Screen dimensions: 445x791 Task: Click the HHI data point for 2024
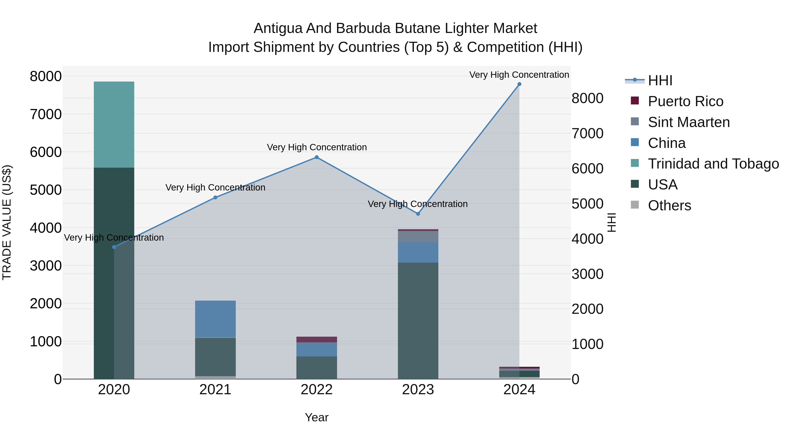coord(519,84)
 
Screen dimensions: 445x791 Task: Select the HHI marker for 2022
coord(317,157)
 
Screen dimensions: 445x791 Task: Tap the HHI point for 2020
coord(114,247)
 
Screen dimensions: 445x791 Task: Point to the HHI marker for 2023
coord(418,214)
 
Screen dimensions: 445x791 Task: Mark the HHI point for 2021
coord(215,198)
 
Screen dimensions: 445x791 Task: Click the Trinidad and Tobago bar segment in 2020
coord(114,124)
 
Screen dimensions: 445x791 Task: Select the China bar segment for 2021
coord(215,319)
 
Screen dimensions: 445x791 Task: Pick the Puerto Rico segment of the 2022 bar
coord(317,339)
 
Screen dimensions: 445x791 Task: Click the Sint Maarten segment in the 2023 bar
coord(418,236)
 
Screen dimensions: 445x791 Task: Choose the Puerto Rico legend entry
coord(685,101)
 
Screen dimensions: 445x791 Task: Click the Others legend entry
coord(669,205)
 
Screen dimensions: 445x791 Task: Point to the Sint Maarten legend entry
coord(688,122)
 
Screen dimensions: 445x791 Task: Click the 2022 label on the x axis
coord(317,390)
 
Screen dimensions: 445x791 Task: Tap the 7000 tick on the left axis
coord(45,114)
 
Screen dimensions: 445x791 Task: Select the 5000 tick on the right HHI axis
coord(587,204)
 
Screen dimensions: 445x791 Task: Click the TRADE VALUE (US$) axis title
coord(7,222)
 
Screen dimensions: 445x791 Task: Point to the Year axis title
coord(317,417)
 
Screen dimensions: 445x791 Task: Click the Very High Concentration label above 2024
coord(519,75)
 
